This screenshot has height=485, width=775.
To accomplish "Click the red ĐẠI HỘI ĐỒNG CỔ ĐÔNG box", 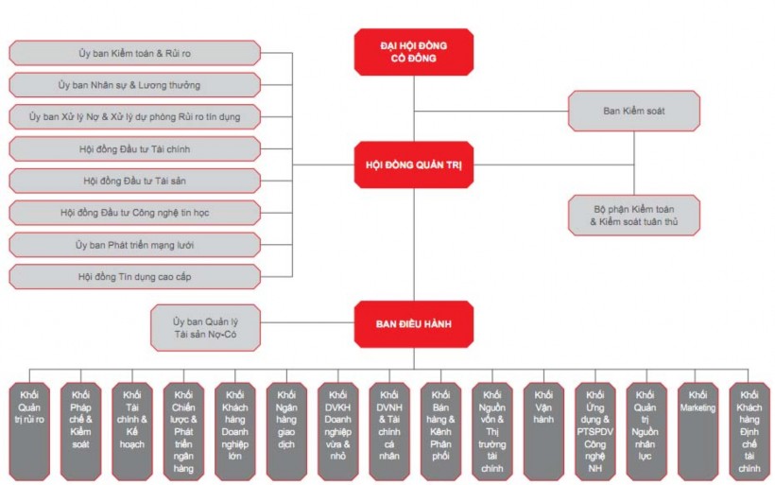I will coord(413,52).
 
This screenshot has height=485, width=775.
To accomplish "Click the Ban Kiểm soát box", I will coord(633,111).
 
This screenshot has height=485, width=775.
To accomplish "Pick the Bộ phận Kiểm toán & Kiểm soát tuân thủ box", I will coord(633,215).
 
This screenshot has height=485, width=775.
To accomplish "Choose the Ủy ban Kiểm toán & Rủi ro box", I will coord(134,53).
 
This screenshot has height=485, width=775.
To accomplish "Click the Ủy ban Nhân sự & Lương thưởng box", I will coord(134,85).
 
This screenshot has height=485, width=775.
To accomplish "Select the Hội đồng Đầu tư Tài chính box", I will coord(134,149).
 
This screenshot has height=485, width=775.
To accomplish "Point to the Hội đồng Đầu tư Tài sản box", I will coord(134,181).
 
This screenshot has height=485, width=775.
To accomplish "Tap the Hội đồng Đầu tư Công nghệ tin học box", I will coord(134,213).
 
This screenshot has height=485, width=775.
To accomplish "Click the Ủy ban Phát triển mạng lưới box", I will coord(134,245).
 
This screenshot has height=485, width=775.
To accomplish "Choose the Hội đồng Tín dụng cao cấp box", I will coord(134,277).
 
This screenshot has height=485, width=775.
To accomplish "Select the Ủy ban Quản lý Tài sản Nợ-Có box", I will coord(206,327).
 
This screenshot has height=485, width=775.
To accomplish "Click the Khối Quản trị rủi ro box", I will coord(29,430).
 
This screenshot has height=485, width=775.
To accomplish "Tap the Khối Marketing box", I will coord(697,430).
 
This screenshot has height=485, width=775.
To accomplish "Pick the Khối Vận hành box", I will coord(543,430).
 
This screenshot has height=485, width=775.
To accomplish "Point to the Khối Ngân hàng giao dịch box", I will coord(286,430).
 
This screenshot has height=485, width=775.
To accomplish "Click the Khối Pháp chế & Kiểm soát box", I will coord(80,430).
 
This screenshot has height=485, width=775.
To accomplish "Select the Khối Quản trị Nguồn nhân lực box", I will coord(646,430).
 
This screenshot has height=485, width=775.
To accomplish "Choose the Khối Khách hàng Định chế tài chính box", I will coord(749,430).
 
